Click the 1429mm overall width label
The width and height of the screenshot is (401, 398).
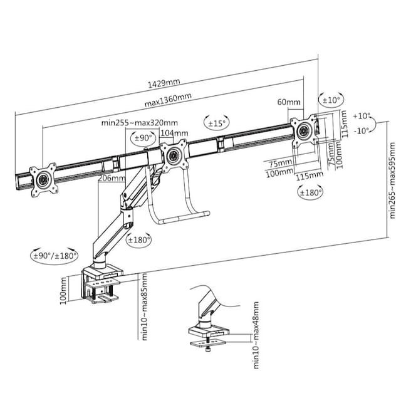(x=164, y=83)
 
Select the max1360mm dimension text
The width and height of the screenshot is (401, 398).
(x=169, y=100)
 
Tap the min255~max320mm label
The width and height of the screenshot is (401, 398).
(x=139, y=123)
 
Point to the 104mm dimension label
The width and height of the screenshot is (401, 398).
(x=174, y=133)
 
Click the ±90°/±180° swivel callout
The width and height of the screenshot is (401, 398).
(x=55, y=255)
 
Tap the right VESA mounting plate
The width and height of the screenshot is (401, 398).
(x=305, y=130)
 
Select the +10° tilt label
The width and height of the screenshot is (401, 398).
(x=362, y=116)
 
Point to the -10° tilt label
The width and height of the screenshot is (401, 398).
(x=362, y=131)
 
